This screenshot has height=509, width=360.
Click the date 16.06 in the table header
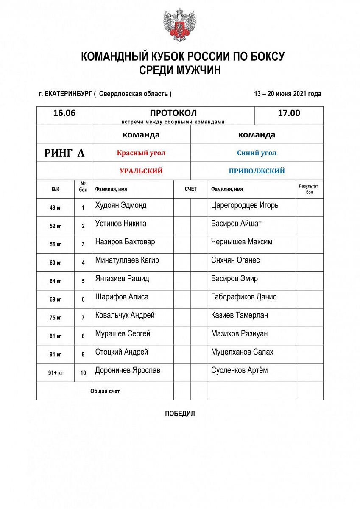pyautogui.click(x=64, y=113)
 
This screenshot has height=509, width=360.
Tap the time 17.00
pyautogui.click(x=289, y=113)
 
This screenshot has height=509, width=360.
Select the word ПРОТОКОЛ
pyautogui.click(x=173, y=113)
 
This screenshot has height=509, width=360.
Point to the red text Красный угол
pyautogui.click(x=141, y=153)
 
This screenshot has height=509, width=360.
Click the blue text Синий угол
pyautogui.click(x=257, y=153)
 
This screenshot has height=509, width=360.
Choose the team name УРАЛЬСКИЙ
pyautogui.click(x=141, y=171)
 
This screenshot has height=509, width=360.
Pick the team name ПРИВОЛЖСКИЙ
pyautogui.click(x=257, y=171)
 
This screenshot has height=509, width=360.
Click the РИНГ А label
pyautogui.click(x=64, y=153)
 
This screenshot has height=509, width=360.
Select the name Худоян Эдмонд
pyautogui.click(x=121, y=205)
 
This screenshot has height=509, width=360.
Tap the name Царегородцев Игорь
pyautogui.click(x=245, y=205)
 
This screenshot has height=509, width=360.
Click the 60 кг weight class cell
pyautogui.click(x=56, y=263)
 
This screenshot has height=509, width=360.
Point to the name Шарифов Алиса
pyautogui.click(x=122, y=297)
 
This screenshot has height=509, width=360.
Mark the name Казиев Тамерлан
pyautogui.click(x=239, y=315)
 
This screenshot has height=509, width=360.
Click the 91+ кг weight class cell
pyautogui.click(x=56, y=373)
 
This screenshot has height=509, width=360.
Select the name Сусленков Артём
pyautogui.click(x=239, y=370)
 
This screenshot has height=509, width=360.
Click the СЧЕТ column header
pyautogui.click(x=190, y=189)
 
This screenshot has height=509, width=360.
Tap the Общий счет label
pyautogui.click(x=105, y=391)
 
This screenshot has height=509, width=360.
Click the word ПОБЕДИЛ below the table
pyautogui.click(x=180, y=414)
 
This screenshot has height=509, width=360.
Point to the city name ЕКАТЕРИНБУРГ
pyautogui.click(x=68, y=94)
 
